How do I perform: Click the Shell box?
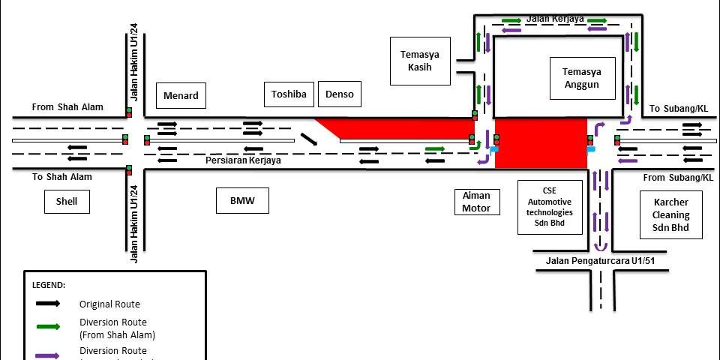(x=67, y=202)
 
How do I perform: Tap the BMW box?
(x=243, y=201)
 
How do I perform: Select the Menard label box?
(x=181, y=95)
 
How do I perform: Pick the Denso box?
(x=340, y=94)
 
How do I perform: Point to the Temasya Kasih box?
(x=420, y=61)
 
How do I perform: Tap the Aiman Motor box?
(x=476, y=202)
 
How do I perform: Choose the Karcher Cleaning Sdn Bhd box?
(x=670, y=214)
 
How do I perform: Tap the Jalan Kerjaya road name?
(x=555, y=18)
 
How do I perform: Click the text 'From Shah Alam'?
(x=67, y=107)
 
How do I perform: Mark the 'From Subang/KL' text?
(x=678, y=178)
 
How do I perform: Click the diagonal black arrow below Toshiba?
(x=308, y=139)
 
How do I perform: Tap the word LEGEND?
(x=49, y=286)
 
